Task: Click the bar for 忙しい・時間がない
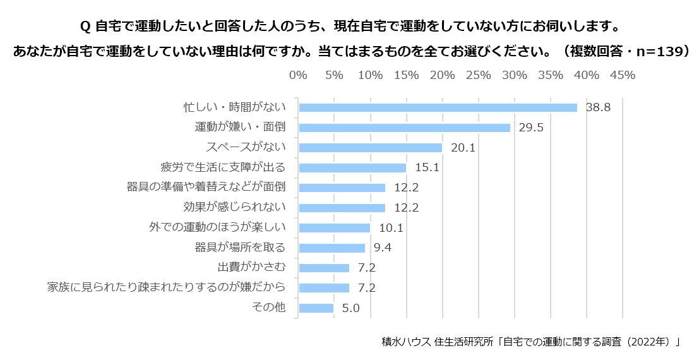pos(438,107)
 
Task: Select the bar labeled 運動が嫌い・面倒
pos(404,128)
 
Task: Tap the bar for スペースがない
pos(370,148)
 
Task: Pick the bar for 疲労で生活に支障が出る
pos(352,168)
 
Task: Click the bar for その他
pos(316,308)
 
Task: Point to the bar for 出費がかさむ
pos(324,268)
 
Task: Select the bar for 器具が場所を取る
pos(332,248)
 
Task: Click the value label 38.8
pos(598,107)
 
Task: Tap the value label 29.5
pos(531,128)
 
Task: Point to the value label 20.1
pos(463,148)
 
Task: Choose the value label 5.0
pos(350,308)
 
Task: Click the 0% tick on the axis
pos(298,75)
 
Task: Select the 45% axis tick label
pos(623,75)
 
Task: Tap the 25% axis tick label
pos(478,75)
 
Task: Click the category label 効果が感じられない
pos(234,207)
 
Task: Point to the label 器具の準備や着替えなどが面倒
pos(206,188)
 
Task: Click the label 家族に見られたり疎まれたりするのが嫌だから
pos(167,287)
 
